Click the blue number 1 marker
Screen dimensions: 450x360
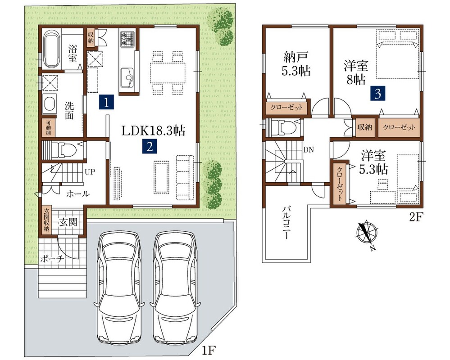(x=106, y=102)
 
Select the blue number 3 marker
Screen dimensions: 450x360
(x=377, y=94)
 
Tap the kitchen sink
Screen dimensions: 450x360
(x=127, y=78)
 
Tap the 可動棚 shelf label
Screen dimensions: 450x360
(x=48, y=127)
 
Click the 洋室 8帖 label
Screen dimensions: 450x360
(x=355, y=73)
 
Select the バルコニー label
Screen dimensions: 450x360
(x=286, y=222)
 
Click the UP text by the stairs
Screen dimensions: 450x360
(x=90, y=172)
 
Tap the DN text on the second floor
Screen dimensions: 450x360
(x=309, y=149)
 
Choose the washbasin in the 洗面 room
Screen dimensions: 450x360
(x=50, y=103)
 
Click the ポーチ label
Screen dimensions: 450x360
(x=52, y=259)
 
